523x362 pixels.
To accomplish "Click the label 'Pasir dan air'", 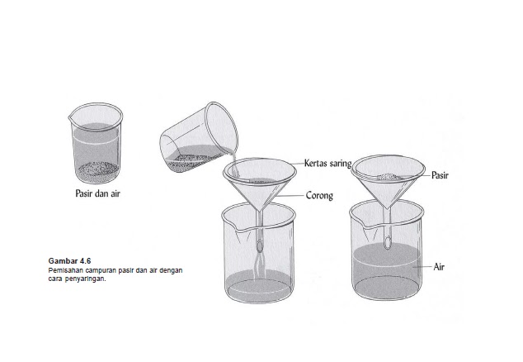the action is coord(97,193).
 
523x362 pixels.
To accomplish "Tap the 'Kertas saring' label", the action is coord(327,164).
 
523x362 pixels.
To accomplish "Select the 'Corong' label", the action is coord(319,196).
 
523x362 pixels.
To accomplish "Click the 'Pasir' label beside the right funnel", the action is coord(440,175).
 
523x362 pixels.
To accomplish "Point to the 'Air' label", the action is coord(439,267).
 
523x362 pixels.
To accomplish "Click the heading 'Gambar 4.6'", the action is coord(69,260).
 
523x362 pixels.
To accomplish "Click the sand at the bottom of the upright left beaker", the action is coord(97,171).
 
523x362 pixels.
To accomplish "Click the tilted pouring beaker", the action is coord(199,138).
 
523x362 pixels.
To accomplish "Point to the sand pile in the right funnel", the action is coord(389,176).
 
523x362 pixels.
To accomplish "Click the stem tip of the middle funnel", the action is coord(260,249).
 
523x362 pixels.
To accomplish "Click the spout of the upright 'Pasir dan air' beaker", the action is coord(71,117).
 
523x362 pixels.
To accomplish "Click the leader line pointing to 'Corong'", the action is coord(290,195).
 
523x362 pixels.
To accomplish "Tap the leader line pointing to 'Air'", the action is coord(422,267).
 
